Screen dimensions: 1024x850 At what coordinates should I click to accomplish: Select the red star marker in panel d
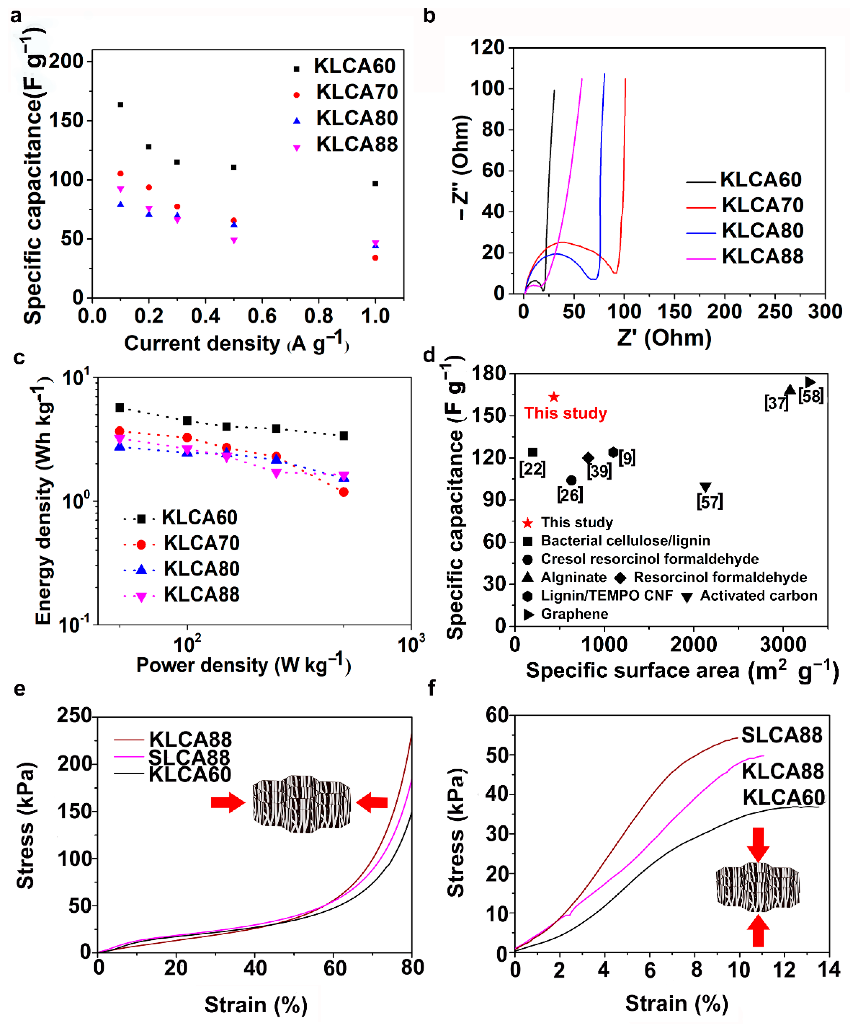tap(554, 397)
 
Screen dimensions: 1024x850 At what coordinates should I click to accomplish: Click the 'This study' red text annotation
tap(565, 414)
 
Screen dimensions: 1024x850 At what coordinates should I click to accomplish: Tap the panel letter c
tap(19, 358)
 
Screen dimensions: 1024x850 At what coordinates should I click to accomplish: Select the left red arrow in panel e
tap(228, 802)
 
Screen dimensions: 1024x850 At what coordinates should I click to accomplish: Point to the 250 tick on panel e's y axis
tap(74, 715)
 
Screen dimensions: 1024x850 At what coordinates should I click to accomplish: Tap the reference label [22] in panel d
tap(532, 469)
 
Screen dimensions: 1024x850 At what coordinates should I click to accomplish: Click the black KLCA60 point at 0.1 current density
tap(120, 105)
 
